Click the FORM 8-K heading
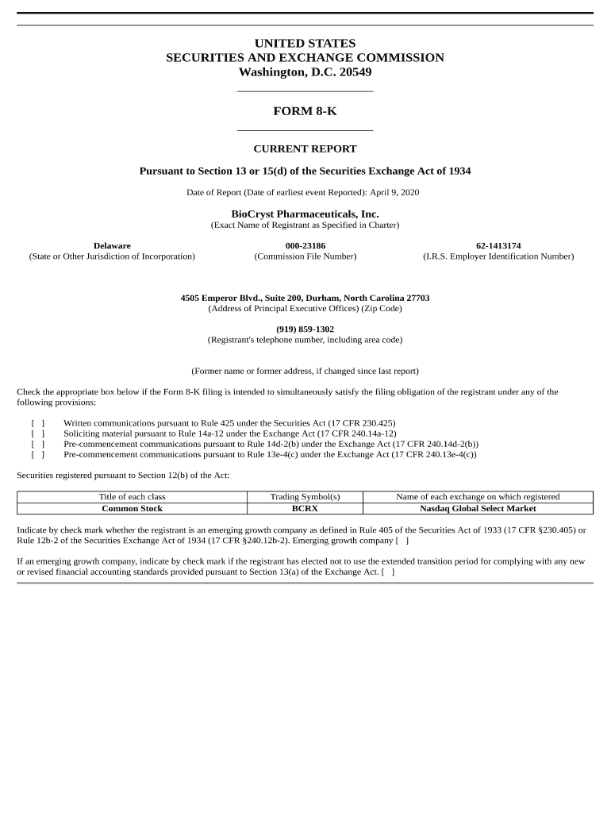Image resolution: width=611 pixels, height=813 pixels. [305, 111]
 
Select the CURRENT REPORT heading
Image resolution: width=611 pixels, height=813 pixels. [305, 148]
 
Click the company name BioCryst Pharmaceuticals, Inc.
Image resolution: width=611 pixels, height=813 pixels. [305, 214]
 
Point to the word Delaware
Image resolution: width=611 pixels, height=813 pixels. [112, 246]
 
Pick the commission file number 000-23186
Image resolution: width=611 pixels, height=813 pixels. [305, 246]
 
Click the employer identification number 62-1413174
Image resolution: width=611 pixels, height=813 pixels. [498, 246]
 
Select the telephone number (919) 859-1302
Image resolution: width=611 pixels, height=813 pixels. [305, 329]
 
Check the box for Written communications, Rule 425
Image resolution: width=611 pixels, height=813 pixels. [37, 424]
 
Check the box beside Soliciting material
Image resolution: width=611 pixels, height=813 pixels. [37, 434]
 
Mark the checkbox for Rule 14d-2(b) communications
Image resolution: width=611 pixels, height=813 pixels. [37, 445]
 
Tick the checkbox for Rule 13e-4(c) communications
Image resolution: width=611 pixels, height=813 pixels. [37, 455]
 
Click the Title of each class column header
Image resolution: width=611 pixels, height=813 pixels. [132, 497]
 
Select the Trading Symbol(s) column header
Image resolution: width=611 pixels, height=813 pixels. [305, 497]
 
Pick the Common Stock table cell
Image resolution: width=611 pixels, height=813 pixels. [132, 508]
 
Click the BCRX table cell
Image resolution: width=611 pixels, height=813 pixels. [305, 508]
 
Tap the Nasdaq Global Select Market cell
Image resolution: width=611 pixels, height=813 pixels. [478, 508]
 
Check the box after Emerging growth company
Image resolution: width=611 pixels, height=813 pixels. [402, 541]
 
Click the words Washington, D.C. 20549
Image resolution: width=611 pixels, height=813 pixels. [305, 72]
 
